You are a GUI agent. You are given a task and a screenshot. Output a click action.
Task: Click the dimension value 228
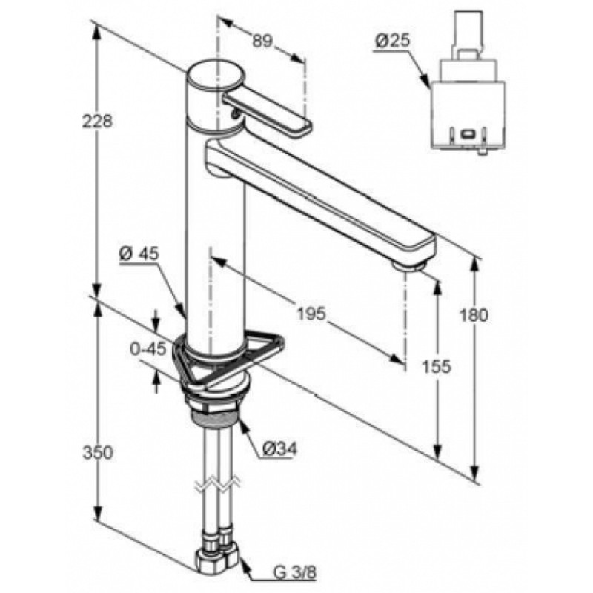click(x=96, y=122)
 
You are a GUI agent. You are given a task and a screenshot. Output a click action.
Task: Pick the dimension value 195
click(x=311, y=314)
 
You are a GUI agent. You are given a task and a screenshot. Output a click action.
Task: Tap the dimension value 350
click(x=97, y=452)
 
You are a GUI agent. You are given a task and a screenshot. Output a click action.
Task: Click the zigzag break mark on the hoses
click(x=217, y=486)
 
